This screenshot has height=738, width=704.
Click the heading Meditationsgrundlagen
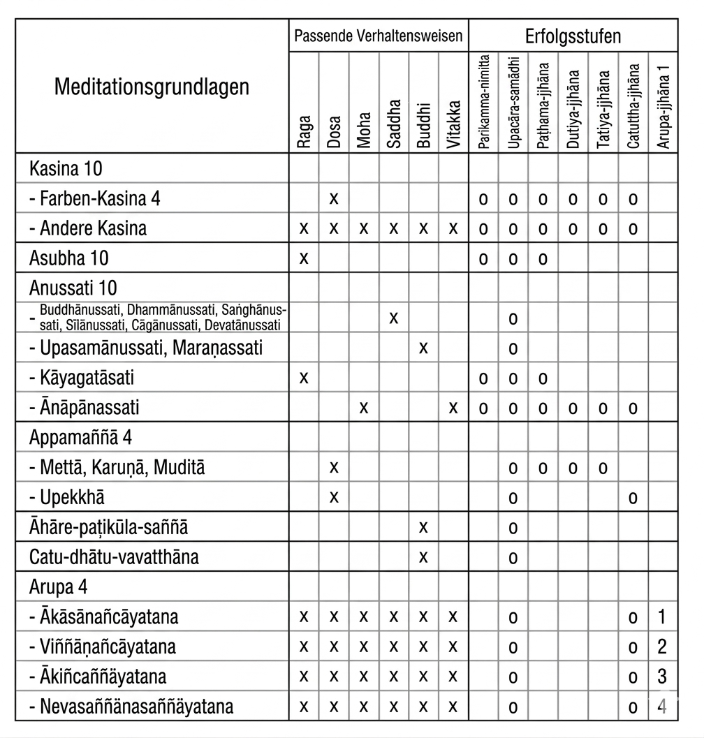[151, 88]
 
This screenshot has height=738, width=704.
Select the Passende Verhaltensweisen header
[379, 36]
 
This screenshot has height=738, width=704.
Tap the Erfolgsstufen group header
[573, 36]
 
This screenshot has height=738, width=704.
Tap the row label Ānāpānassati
[94, 408]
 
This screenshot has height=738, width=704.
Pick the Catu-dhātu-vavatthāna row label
[114, 557]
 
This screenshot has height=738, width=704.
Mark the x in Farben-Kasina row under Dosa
[334, 199]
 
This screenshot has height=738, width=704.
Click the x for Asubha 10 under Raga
[304, 258]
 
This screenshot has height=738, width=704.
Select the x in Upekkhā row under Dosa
[334, 497]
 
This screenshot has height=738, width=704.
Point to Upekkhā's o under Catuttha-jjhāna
[633, 498]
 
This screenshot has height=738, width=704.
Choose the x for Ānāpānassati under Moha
[364, 408]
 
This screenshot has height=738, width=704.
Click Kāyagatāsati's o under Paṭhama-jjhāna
[543, 378]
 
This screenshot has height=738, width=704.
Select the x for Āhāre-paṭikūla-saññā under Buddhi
[423, 527]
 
